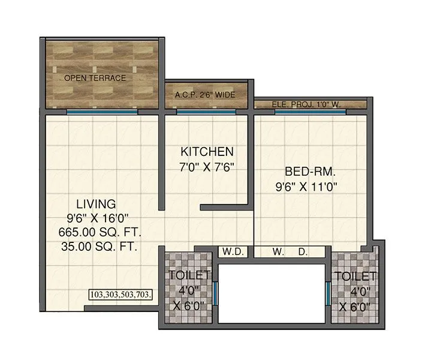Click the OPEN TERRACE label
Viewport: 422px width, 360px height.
tap(95, 78)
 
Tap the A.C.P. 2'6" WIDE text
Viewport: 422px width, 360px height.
tap(205, 95)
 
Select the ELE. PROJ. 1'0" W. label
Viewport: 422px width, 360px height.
tap(306, 104)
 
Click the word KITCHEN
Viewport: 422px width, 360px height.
tap(207, 151)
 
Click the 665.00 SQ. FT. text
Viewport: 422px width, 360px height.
tap(100, 232)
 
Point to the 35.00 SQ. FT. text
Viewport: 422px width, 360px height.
tap(100, 246)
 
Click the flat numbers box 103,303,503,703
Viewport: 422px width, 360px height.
tap(121, 295)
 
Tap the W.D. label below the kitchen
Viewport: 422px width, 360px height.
tap(232, 252)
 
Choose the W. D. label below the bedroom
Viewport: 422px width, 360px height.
tap(290, 252)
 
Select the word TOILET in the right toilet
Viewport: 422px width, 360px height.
tap(355, 277)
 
